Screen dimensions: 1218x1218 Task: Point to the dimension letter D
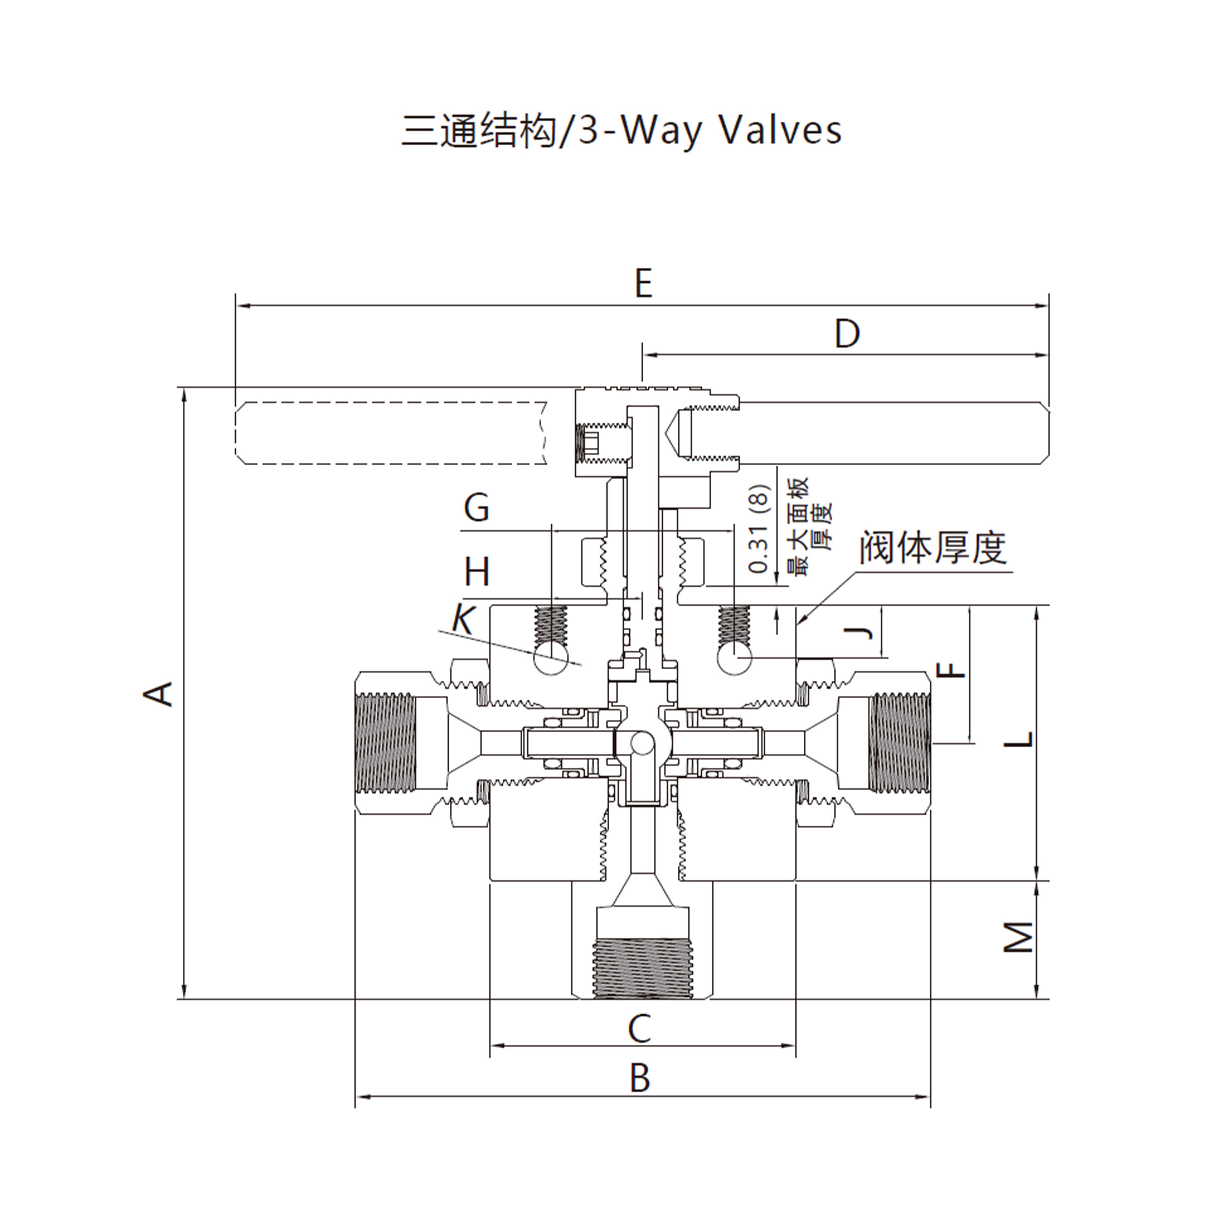click(x=847, y=334)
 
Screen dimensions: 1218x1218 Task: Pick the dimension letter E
click(x=643, y=284)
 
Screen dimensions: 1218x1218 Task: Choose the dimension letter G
click(x=476, y=507)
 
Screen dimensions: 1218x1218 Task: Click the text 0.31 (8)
click(x=760, y=528)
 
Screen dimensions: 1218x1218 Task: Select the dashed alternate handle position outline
click(x=391, y=433)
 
